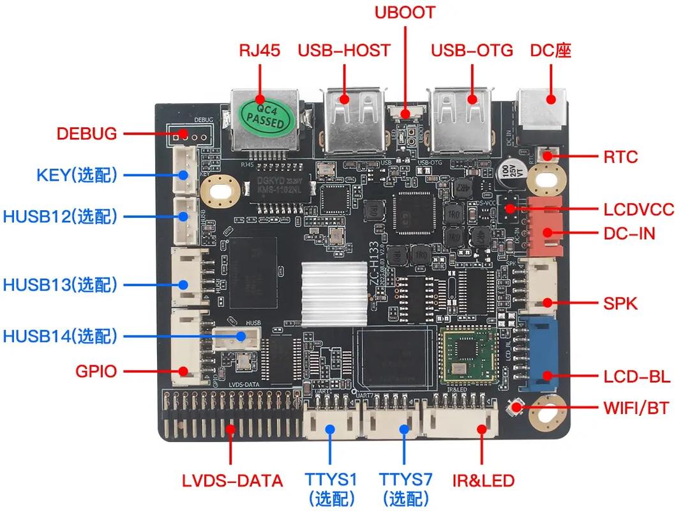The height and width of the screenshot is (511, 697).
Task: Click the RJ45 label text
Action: (x=259, y=50)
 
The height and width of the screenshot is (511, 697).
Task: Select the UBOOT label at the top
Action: (x=405, y=13)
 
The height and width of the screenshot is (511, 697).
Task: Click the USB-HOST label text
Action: (x=344, y=50)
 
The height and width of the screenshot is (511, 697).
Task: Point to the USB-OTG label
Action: (x=472, y=50)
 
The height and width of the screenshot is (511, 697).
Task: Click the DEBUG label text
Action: (x=87, y=134)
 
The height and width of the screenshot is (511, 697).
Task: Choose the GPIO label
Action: (x=96, y=370)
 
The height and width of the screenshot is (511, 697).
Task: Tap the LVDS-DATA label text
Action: (x=232, y=480)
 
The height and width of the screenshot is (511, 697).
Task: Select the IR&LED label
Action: (x=483, y=480)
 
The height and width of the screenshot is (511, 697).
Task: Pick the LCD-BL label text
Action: (x=636, y=377)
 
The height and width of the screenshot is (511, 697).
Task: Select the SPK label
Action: (x=620, y=303)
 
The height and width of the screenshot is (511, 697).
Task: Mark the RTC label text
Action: (x=620, y=156)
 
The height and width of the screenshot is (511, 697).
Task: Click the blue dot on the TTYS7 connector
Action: (x=405, y=429)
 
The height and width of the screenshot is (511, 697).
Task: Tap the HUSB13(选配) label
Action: (x=60, y=285)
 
